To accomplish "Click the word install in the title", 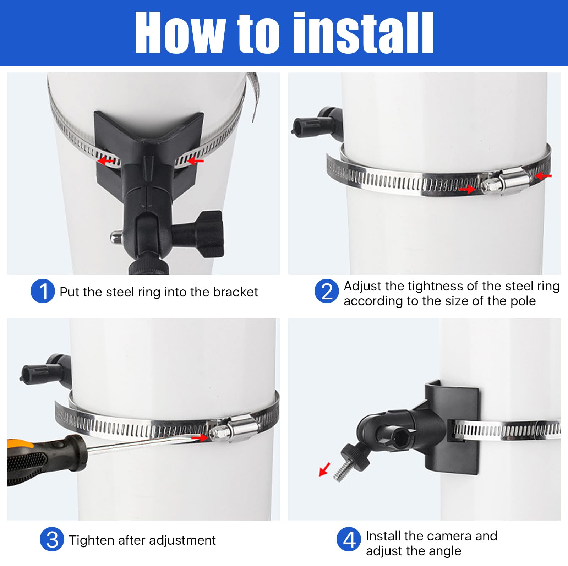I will click(364, 33).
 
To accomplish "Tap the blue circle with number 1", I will click(43, 291).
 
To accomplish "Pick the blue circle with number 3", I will click(52, 539).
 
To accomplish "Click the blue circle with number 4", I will click(349, 539).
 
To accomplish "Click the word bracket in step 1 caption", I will click(235, 292).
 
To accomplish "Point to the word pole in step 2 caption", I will click(523, 301).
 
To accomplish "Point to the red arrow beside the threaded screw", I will click(324, 469).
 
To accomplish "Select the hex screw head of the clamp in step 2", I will click(488, 185).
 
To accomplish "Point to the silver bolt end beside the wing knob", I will click(116, 236).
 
